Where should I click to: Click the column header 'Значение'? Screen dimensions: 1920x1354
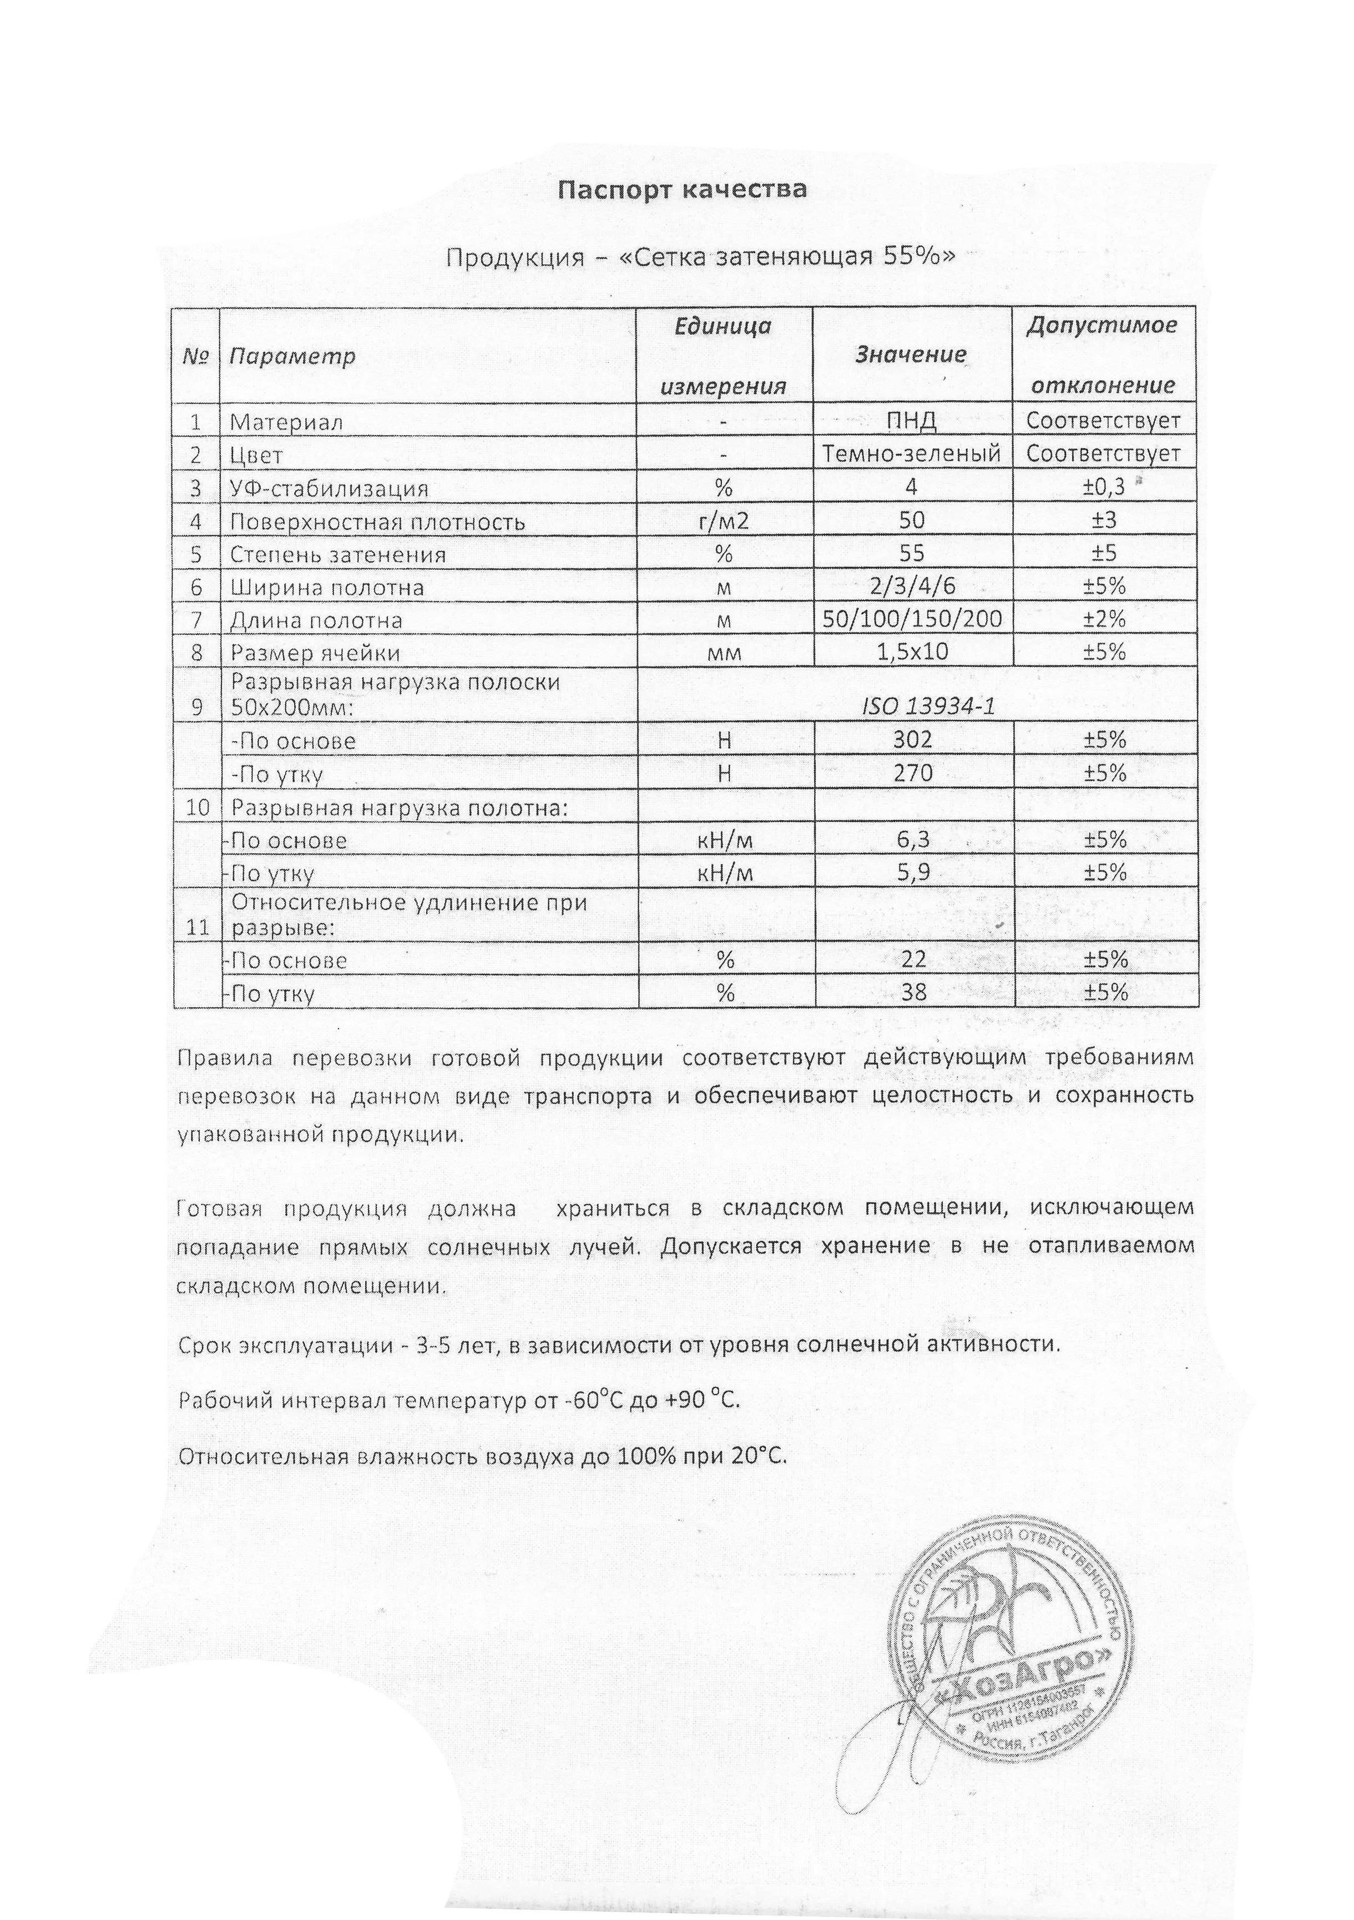[x=911, y=355]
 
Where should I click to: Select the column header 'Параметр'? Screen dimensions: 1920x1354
[x=292, y=356]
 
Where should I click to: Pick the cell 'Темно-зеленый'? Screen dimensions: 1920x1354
[x=912, y=454]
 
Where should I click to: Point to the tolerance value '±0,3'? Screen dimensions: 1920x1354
[x=1104, y=487]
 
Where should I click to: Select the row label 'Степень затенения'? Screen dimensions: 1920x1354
[x=338, y=554]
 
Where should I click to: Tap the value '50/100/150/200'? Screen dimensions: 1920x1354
[x=912, y=619]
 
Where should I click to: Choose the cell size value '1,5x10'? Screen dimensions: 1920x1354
[x=912, y=651]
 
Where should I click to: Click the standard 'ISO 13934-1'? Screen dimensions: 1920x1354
[x=928, y=706]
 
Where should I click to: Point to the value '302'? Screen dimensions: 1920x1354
[x=912, y=739]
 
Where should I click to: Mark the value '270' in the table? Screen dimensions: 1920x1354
[x=912, y=772]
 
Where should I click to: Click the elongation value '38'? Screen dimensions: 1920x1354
[x=912, y=993]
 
